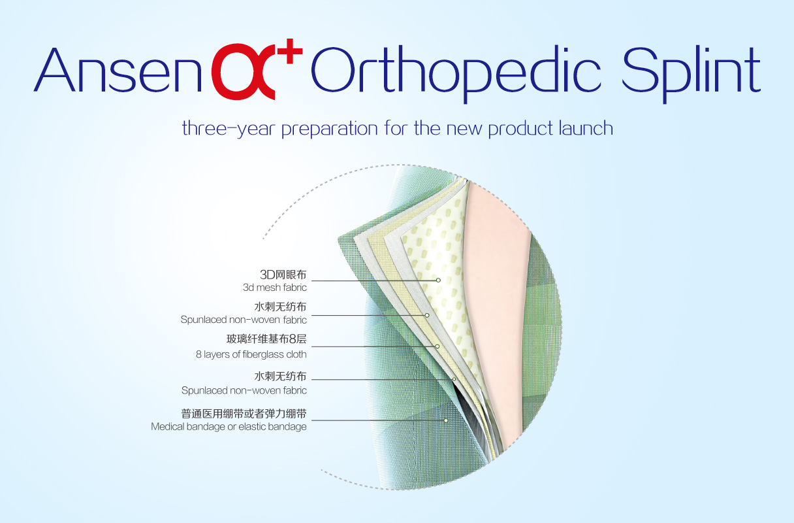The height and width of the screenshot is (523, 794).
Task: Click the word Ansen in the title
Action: click(118, 69)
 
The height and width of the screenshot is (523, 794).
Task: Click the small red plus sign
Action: click(290, 51)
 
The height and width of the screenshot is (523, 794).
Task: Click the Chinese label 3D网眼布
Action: click(283, 275)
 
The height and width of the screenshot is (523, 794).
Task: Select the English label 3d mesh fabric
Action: click(275, 288)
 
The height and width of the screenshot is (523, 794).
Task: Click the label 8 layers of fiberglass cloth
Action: click(251, 354)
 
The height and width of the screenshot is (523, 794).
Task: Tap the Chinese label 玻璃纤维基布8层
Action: click(266, 339)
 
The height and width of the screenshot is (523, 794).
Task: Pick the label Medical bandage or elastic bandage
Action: click(229, 426)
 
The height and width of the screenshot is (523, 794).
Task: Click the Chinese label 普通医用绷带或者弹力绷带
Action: click(244, 414)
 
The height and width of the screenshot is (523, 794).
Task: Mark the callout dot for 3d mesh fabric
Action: click(438, 280)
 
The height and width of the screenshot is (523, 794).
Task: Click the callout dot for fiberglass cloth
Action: click(437, 346)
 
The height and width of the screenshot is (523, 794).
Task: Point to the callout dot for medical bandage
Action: click(446, 420)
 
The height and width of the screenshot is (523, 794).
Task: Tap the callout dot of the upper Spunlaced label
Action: click(427, 315)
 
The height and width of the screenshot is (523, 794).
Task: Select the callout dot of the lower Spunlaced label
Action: click(454, 379)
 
